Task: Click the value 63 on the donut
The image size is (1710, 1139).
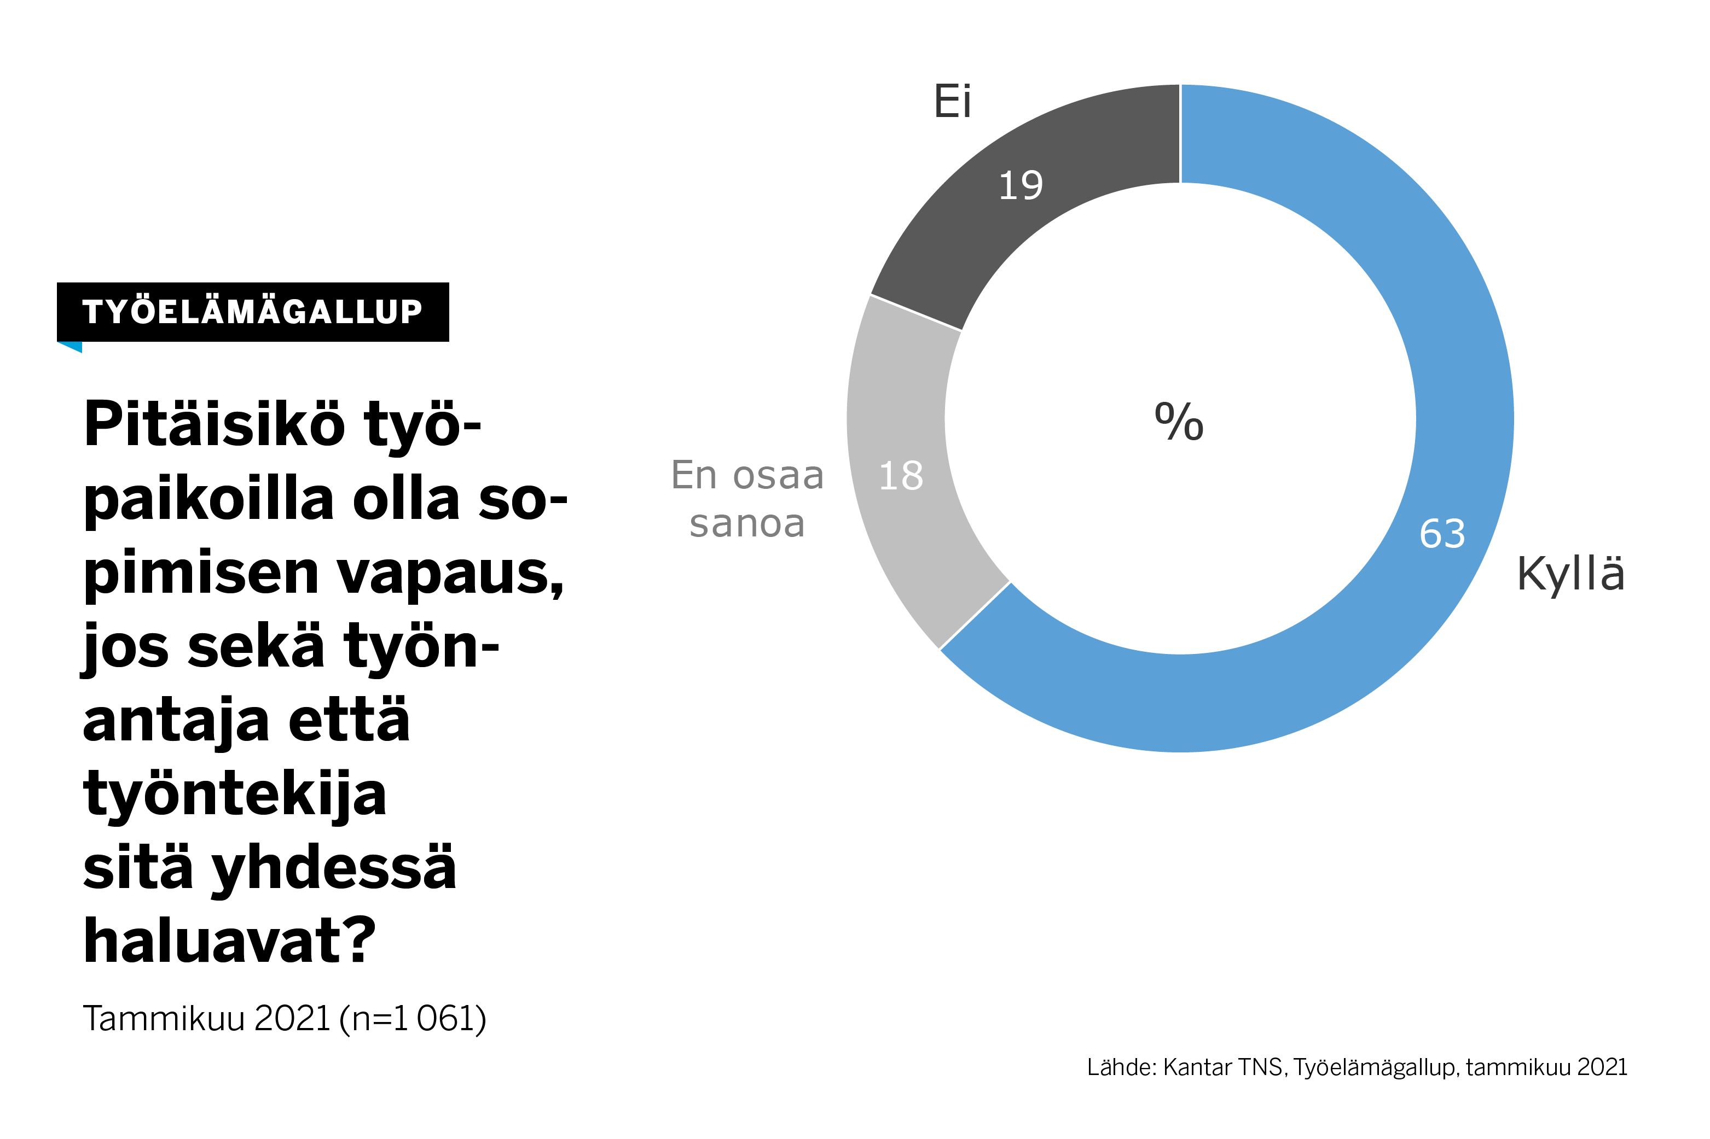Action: coord(1442,534)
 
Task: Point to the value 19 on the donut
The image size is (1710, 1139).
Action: coord(1021,185)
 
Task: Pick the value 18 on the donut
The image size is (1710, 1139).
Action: coord(901,476)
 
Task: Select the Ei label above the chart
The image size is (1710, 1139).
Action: coord(952,102)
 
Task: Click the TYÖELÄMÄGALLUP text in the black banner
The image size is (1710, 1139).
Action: coord(252,312)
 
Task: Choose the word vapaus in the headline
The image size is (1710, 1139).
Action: coord(450,574)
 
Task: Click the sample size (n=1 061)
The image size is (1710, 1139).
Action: coord(412,1018)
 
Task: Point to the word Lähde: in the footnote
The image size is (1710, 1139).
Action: coord(1121,1067)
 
